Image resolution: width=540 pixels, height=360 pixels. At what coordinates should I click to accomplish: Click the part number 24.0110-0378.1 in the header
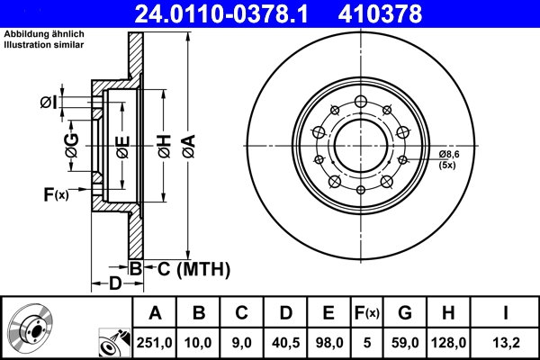[226, 13]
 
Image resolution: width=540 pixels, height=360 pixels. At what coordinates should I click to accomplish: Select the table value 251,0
[155, 343]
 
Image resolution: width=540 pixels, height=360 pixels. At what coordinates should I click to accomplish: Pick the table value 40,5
[285, 343]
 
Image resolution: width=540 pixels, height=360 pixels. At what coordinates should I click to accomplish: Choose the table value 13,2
[508, 343]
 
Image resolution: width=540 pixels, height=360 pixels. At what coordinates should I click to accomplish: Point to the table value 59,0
[406, 343]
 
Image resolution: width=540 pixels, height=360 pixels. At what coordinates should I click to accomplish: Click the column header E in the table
[328, 313]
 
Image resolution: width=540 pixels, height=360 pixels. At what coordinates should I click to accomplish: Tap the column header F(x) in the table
[367, 313]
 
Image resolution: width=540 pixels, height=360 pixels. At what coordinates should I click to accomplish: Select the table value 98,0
[328, 343]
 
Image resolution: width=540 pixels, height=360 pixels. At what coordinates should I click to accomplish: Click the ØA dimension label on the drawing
[187, 143]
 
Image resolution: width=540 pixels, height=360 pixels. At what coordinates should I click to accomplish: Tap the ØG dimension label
[71, 143]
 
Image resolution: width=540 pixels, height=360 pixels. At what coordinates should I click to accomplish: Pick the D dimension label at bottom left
[114, 283]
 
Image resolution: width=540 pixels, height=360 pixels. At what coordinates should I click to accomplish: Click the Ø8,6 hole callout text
[449, 155]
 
